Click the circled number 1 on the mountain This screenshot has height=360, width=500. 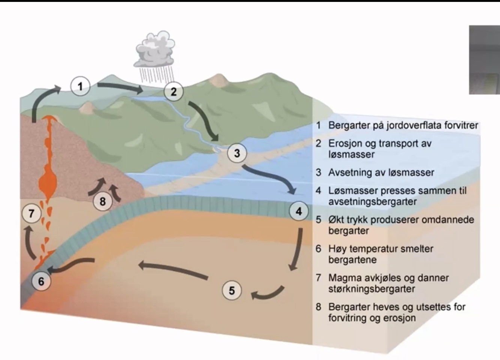[80, 86]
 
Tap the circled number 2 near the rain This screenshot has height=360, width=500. [174, 91]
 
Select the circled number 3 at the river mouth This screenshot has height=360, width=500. [237, 153]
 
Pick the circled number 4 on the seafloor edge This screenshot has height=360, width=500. [299, 211]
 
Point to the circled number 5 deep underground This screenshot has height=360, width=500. [232, 290]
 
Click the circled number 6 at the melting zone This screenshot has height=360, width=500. [41, 281]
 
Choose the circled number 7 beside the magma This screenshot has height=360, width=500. [31, 213]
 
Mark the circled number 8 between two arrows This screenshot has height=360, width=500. [103, 201]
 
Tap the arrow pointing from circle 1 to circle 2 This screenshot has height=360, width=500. [120, 88]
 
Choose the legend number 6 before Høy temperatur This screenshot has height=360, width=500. [318, 249]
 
